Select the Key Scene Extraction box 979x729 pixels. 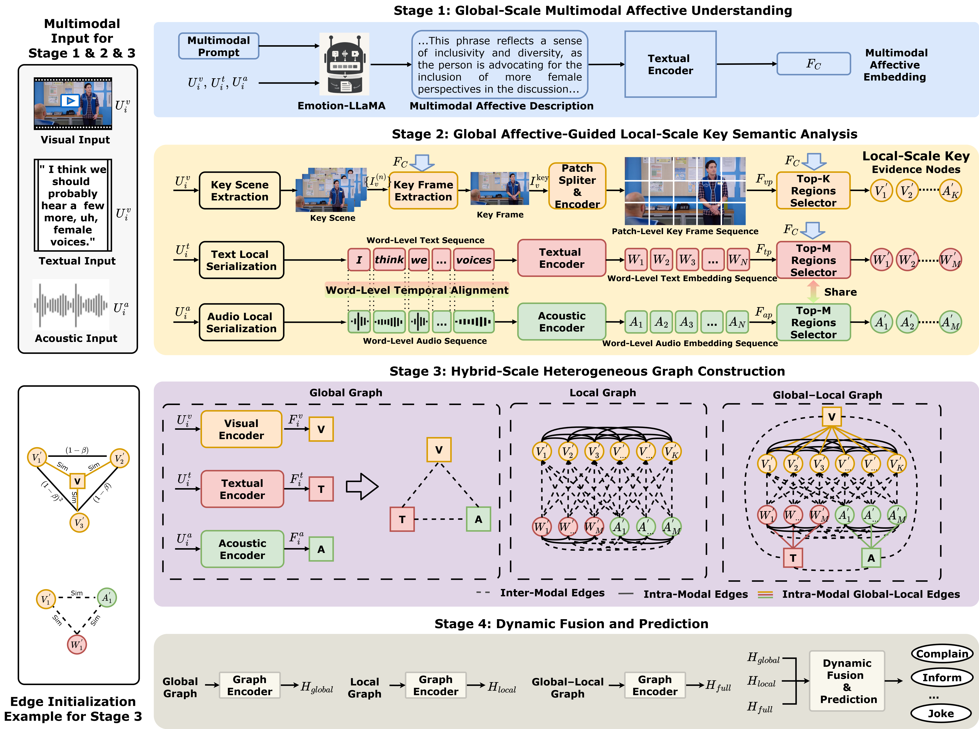pos(240,191)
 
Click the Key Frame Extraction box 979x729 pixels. pos(423,191)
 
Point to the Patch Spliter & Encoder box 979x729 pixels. pos(577,186)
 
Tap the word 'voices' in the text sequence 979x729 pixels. pos(473,260)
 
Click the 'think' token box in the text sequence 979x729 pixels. pos(389,260)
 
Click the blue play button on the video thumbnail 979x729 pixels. pos(70,101)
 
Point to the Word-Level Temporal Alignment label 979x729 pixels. pos(416,290)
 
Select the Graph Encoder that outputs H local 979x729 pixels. pos(436,685)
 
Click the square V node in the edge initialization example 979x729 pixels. pos(77,481)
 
